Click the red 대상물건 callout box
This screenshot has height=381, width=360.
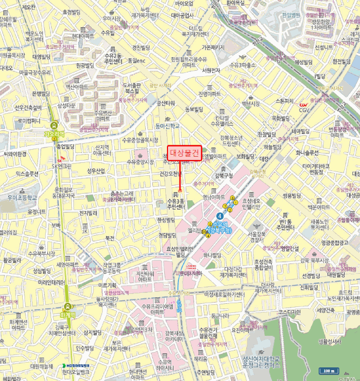184,153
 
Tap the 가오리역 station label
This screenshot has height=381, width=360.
54,134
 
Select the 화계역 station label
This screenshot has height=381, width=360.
67,314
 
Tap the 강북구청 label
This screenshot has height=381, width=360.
224,175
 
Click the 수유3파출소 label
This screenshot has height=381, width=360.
243,65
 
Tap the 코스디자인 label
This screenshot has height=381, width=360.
289,312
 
